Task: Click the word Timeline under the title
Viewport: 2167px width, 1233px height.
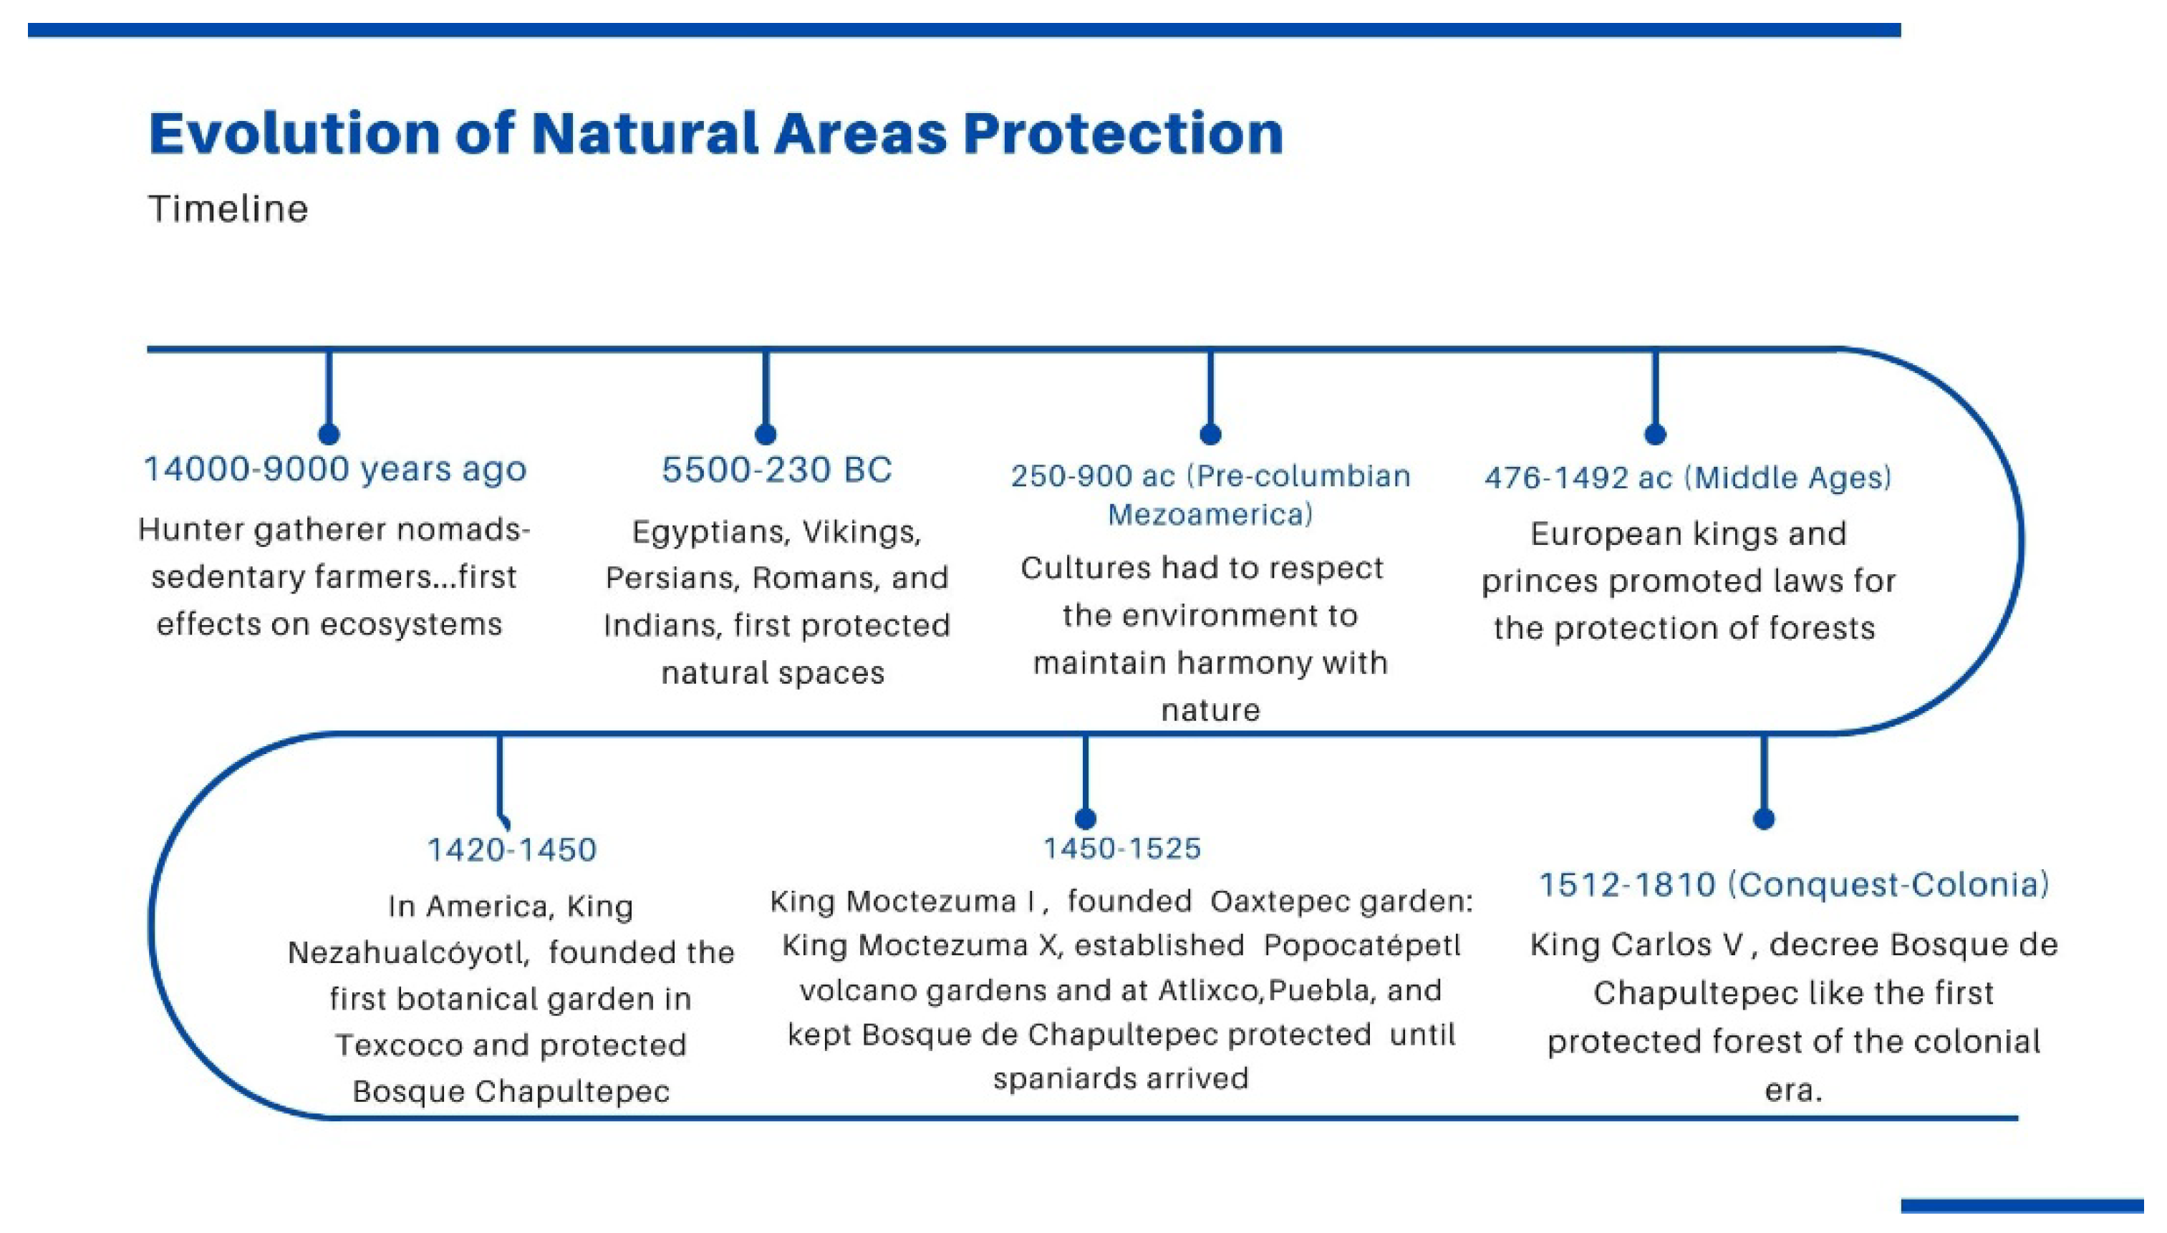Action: point(228,209)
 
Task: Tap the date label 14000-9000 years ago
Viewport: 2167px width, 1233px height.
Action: point(335,469)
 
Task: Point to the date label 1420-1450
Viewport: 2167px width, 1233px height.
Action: point(511,849)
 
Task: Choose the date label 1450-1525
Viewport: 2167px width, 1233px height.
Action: point(1122,848)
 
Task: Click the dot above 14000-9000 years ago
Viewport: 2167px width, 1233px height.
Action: point(329,434)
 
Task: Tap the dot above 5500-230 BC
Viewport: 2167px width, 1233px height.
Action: point(766,434)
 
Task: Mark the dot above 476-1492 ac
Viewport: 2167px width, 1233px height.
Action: point(1656,434)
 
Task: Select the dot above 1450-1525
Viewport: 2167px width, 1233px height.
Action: point(1086,818)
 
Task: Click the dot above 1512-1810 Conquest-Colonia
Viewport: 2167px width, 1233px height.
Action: point(1764,818)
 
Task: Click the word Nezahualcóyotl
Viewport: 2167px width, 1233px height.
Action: point(409,954)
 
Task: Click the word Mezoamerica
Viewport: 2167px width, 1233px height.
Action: point(1210,515)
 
